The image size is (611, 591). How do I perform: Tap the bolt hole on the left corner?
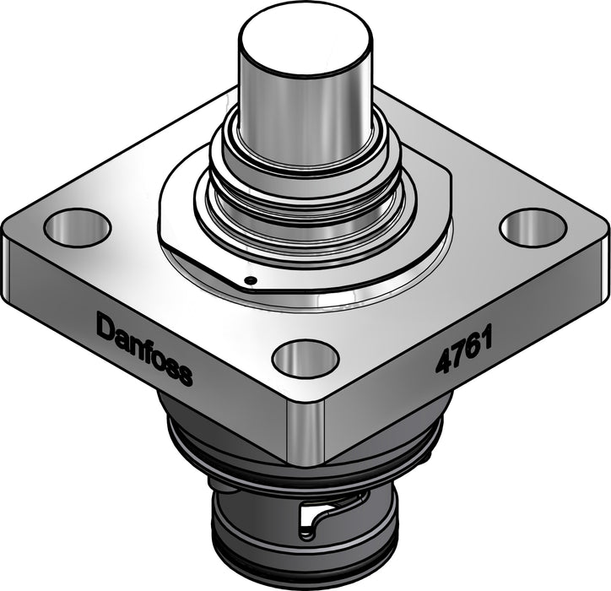click(77, 227)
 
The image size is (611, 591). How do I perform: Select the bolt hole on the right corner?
click(532, 227)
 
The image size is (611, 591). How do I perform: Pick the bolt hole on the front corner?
click(305, 358)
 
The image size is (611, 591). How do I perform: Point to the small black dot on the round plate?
click(251, 280)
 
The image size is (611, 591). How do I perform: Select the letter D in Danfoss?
click(105, 326)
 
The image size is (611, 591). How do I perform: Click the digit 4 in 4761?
click(442, 362)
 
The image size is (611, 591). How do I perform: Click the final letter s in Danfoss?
click(185, 374)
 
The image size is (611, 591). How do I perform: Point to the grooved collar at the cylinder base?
click(305, 186)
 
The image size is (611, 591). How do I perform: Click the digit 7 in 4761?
click(457, 355)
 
